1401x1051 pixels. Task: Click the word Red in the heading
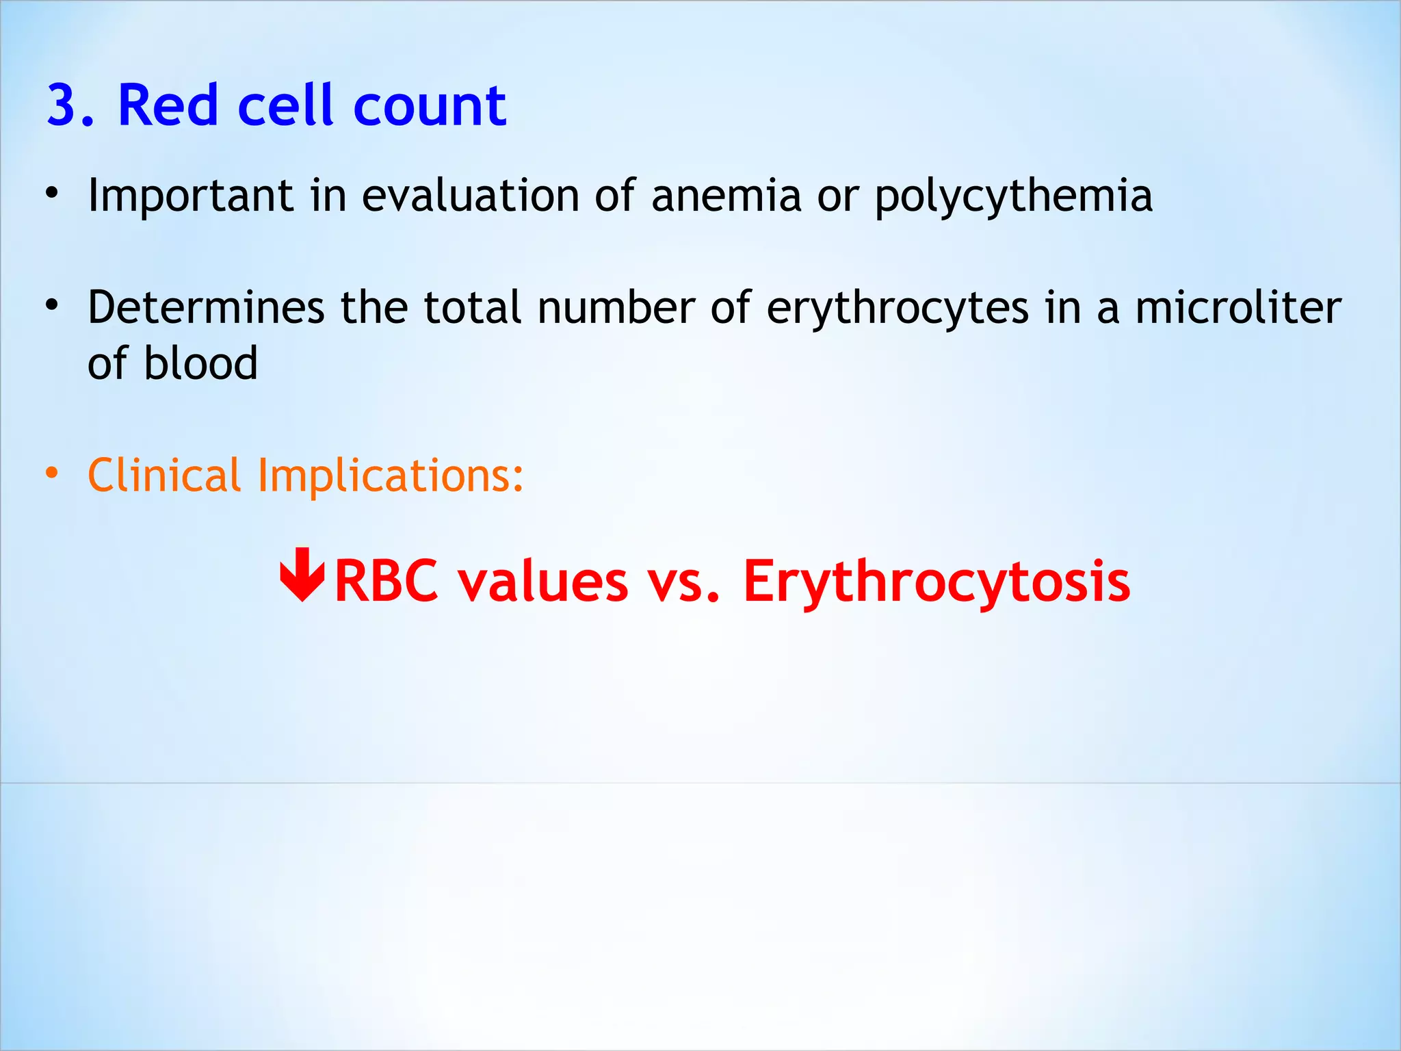(168, 106)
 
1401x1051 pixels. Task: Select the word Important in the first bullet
(191, 196)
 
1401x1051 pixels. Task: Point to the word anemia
(726, 195)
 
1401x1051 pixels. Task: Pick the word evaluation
(470, 195)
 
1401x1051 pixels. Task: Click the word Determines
(206, 307)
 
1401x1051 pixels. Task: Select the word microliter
(1238, 307)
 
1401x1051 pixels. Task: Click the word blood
(200, 363)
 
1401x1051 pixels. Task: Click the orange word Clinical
(164, 475)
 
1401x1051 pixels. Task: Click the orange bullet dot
(52, 473)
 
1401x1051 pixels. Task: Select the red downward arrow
(302, 575)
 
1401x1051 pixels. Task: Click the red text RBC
(386, 581)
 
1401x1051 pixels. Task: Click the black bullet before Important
(52, 194)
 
